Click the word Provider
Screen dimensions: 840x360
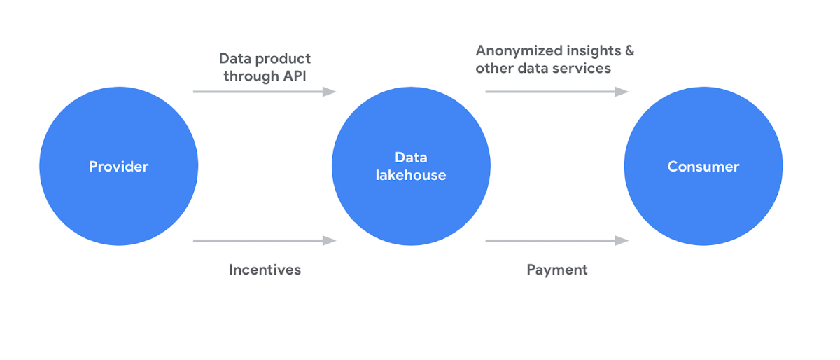[x=118, y=167]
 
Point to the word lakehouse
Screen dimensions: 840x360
[x=411, y=176]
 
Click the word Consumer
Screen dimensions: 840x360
[x=703, y=167]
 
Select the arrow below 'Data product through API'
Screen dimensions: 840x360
[x=264, y=92]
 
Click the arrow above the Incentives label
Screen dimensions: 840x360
[x=264, y=241]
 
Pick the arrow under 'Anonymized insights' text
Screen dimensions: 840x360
[x=556, y=92]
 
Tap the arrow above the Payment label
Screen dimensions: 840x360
[x=556, y=241]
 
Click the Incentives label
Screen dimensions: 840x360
[x=265, y=270]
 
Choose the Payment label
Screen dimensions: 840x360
[x=557, y=270]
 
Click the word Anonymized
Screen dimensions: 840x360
[x=520, y=50]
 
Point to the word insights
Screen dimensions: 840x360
[x=594, y=50]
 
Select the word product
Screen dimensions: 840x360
[x=283, y=59]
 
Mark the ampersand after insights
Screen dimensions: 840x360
[x=629, y=50]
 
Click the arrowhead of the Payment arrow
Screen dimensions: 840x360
[x=622, y=241]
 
